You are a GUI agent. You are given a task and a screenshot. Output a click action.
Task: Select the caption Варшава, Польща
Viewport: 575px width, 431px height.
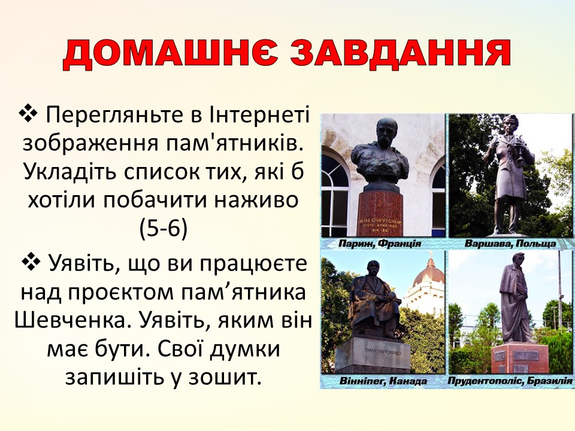point(510,244)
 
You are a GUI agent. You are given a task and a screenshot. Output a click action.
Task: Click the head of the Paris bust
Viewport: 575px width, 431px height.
point(383,133)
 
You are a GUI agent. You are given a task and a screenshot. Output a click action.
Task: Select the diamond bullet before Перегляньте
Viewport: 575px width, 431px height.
point(29,113)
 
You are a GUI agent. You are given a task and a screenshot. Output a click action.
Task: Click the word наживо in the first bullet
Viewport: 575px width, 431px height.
point(258,200)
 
